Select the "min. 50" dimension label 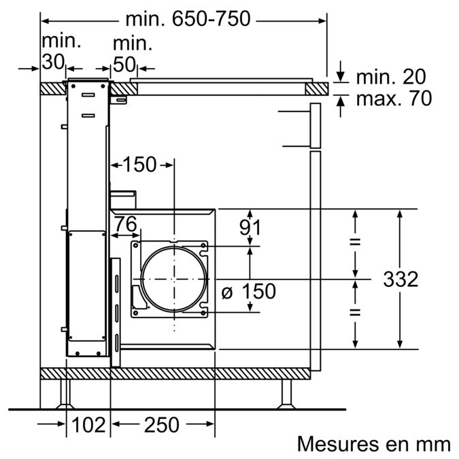coord(132,54)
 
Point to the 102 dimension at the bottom coord(88,425)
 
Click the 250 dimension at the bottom coord(161,425)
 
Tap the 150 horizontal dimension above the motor coord(139,164)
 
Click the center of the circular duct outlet coord(173,278)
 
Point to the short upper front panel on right coord(315,126)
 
